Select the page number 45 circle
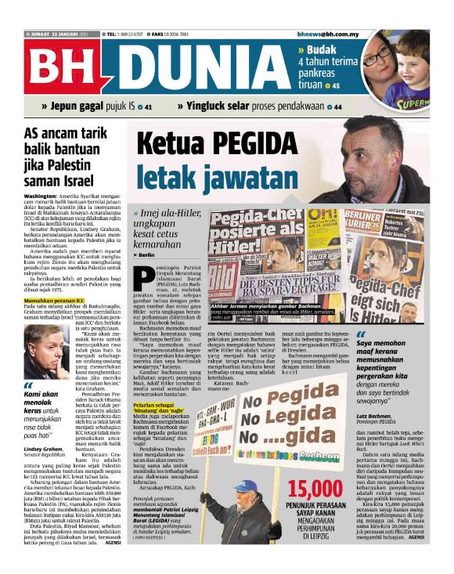336,85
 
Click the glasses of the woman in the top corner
378,56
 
